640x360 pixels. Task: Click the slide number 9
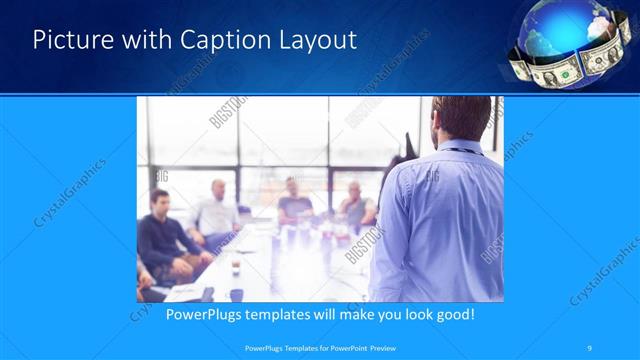(x=590, y=347)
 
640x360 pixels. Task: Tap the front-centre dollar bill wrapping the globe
(x=555, y=70)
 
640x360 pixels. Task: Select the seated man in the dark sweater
(x=161, y=236)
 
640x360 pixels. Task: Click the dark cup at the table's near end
(x=236, y=294)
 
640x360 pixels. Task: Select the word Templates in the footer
(x=293, y=347)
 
